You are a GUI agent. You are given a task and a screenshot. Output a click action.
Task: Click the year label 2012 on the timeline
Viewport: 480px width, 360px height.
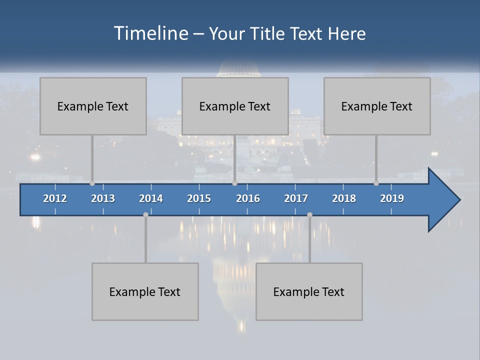coord(55,198)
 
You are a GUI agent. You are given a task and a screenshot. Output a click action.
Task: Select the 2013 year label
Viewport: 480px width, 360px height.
coord(103,198)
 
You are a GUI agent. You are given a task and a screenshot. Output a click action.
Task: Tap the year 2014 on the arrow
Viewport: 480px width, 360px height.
coord(151,198)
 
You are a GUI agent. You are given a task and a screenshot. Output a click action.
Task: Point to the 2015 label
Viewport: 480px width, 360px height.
coord(199,198)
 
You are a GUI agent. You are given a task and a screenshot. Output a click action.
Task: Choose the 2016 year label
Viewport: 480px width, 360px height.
coord(248,198)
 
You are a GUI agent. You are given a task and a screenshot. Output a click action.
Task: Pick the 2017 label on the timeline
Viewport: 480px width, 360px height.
coord(296,198)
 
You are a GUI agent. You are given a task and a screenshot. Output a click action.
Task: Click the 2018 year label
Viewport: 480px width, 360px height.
coord(344,198)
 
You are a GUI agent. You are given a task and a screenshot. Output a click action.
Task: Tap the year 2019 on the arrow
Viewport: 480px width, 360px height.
coord(392,198)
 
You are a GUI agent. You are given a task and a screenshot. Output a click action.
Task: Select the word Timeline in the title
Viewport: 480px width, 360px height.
coord(150,33)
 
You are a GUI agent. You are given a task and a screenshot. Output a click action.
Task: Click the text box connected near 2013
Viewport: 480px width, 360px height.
coord(93,106)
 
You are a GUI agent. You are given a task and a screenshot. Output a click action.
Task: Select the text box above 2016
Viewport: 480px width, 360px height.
coord(235,106)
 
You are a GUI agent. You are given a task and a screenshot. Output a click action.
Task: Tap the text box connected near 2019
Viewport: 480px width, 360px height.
coord(377,106)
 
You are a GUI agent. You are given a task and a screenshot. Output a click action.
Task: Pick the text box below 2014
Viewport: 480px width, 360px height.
coord(145,291)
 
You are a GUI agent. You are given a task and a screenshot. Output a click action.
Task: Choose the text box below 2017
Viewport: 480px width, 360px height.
coord(309,291)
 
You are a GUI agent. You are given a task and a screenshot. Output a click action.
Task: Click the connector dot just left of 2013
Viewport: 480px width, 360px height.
coord(92,183)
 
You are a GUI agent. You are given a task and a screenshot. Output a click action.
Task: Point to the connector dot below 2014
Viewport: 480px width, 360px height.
coord(145,214)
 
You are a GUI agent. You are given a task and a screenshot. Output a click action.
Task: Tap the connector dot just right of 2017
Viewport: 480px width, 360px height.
coord(309,214)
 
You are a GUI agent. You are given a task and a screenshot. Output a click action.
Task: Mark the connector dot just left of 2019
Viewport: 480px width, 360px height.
coord(376,183)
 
